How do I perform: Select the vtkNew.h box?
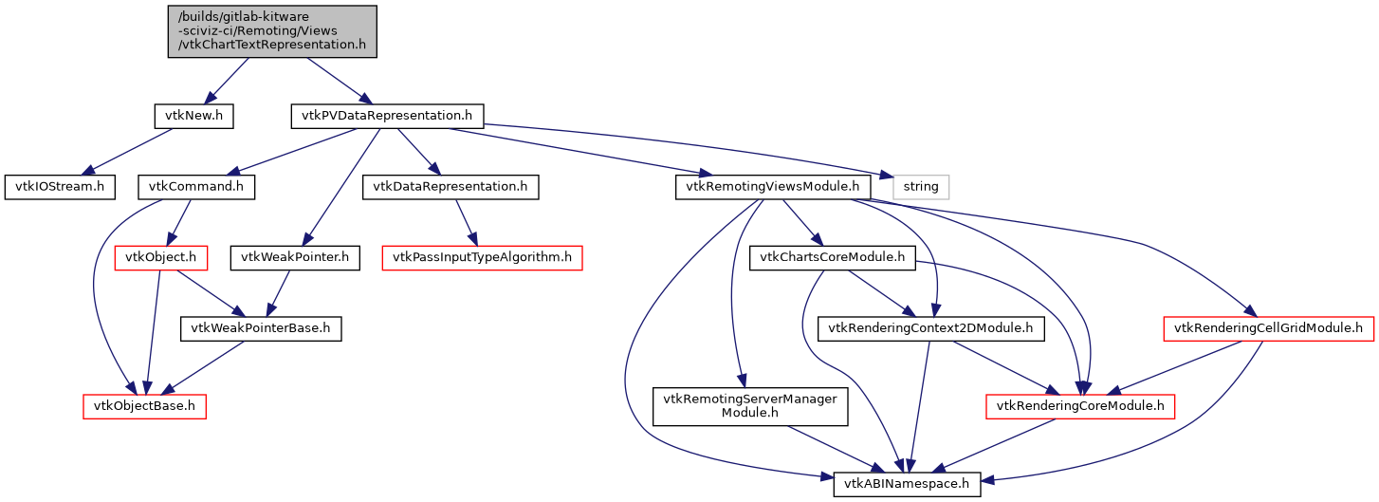click(x=193, y=116)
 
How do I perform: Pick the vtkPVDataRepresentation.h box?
click(x=387, y=116)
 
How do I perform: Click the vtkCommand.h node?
click(x=195, y=186)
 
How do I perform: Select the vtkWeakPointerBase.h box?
click(x=261, y=328)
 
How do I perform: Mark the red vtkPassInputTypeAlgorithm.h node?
click(x=482, y=257)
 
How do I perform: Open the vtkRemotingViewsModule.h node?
click(x=774, y=186)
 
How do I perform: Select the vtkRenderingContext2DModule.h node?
click(x=931, y=328)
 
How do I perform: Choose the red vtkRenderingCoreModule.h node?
click(x=1081, y=406)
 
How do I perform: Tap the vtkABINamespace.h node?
click(x=908, y=484)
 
